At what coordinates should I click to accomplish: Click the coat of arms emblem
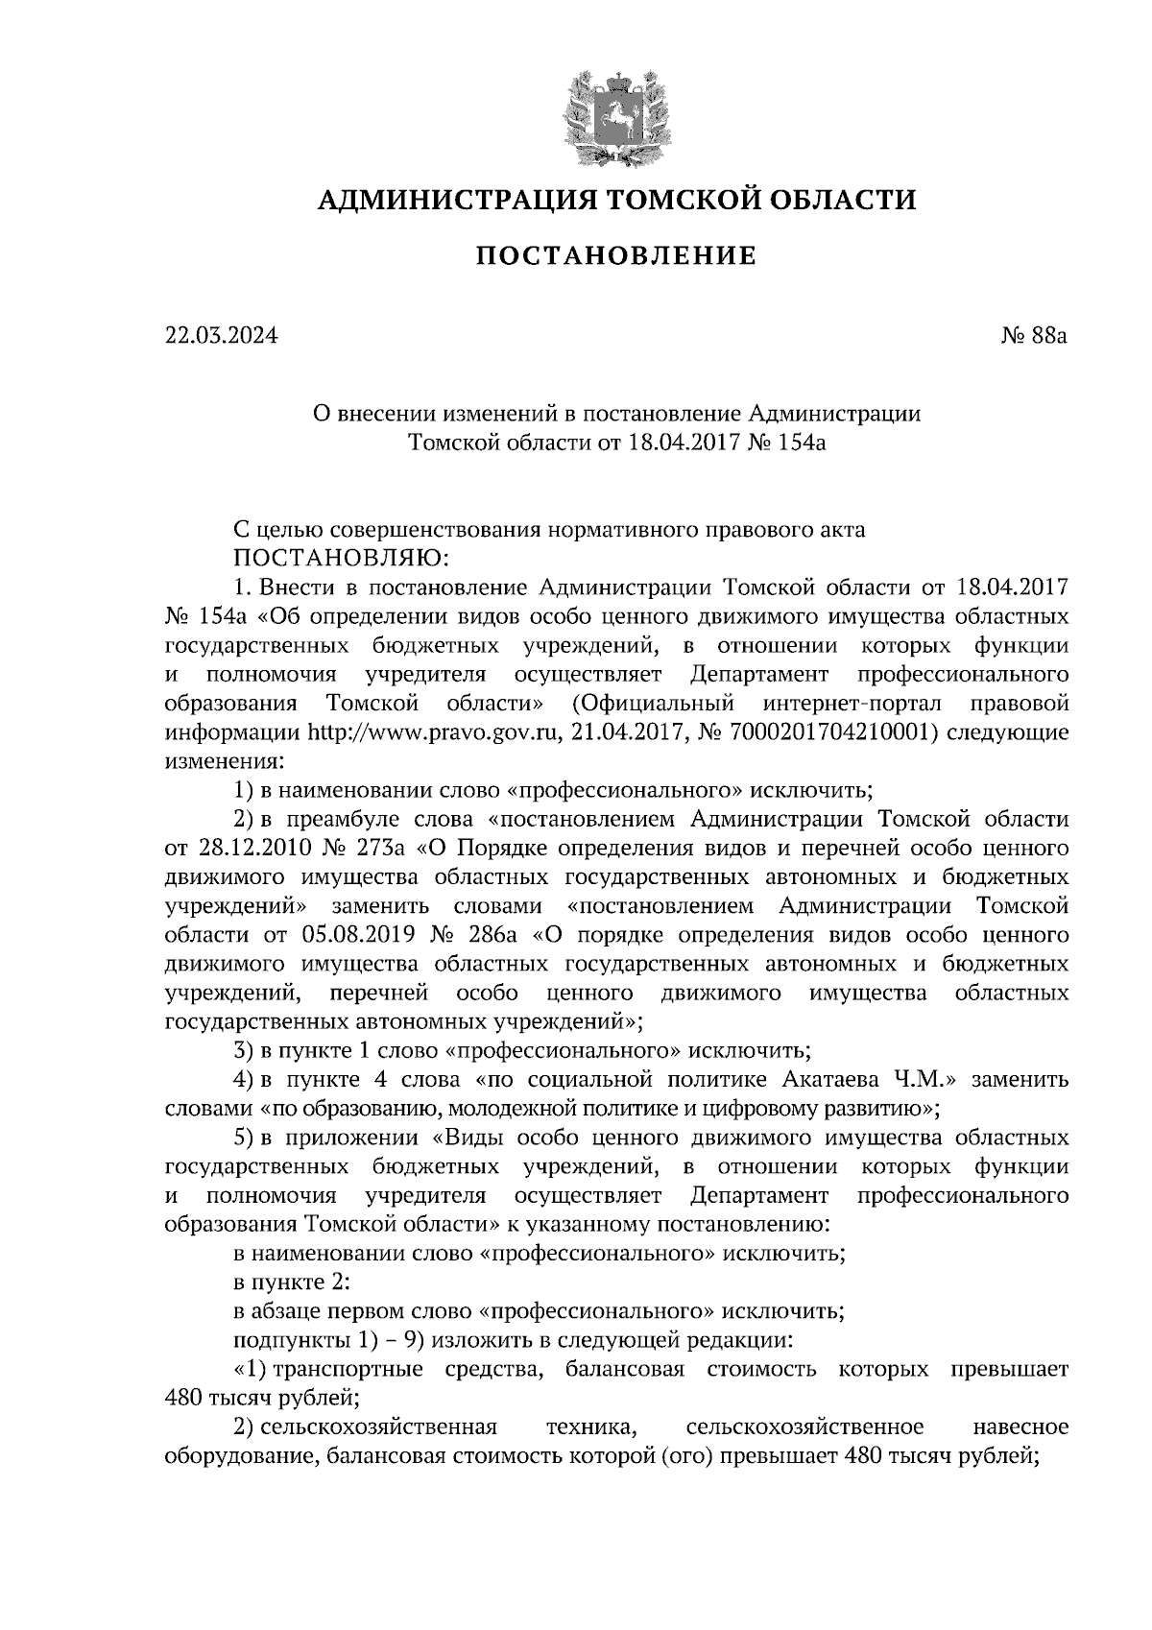point(614,114)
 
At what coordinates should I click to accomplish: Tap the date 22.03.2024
point(220,336)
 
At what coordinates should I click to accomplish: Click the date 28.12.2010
point(245,848)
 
